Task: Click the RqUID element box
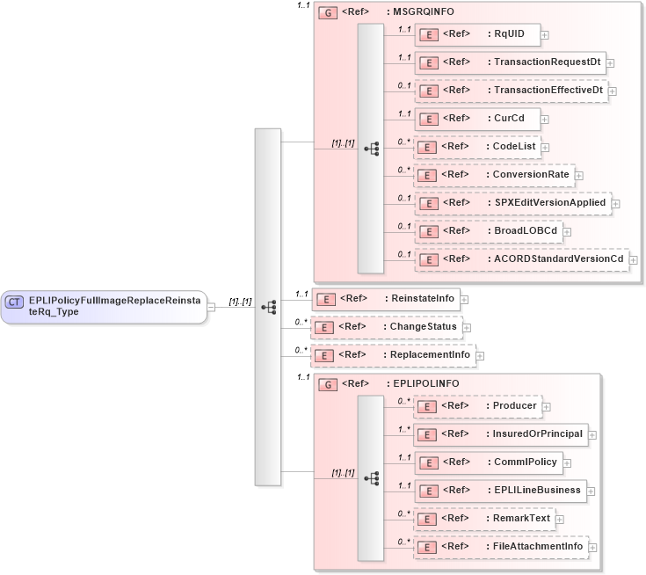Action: (x=476, y=34)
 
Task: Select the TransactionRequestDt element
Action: (x=510, y=62)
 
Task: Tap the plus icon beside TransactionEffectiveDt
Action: (x=613, y=91)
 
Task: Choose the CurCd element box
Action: (x=476, y=119)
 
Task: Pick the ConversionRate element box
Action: (x=494, y=175)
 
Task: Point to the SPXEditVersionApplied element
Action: (x=512, y=203)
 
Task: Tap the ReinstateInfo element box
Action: (x=387, y=299)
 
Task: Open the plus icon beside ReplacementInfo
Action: (x=481, y=356)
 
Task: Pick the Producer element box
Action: (x=476, y=406)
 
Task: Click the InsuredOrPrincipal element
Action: (x=500, y=434)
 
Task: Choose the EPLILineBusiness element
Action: (x=500, y=491)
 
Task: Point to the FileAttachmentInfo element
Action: (x=500, y=547)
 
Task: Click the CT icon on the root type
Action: (x=15, y=302)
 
